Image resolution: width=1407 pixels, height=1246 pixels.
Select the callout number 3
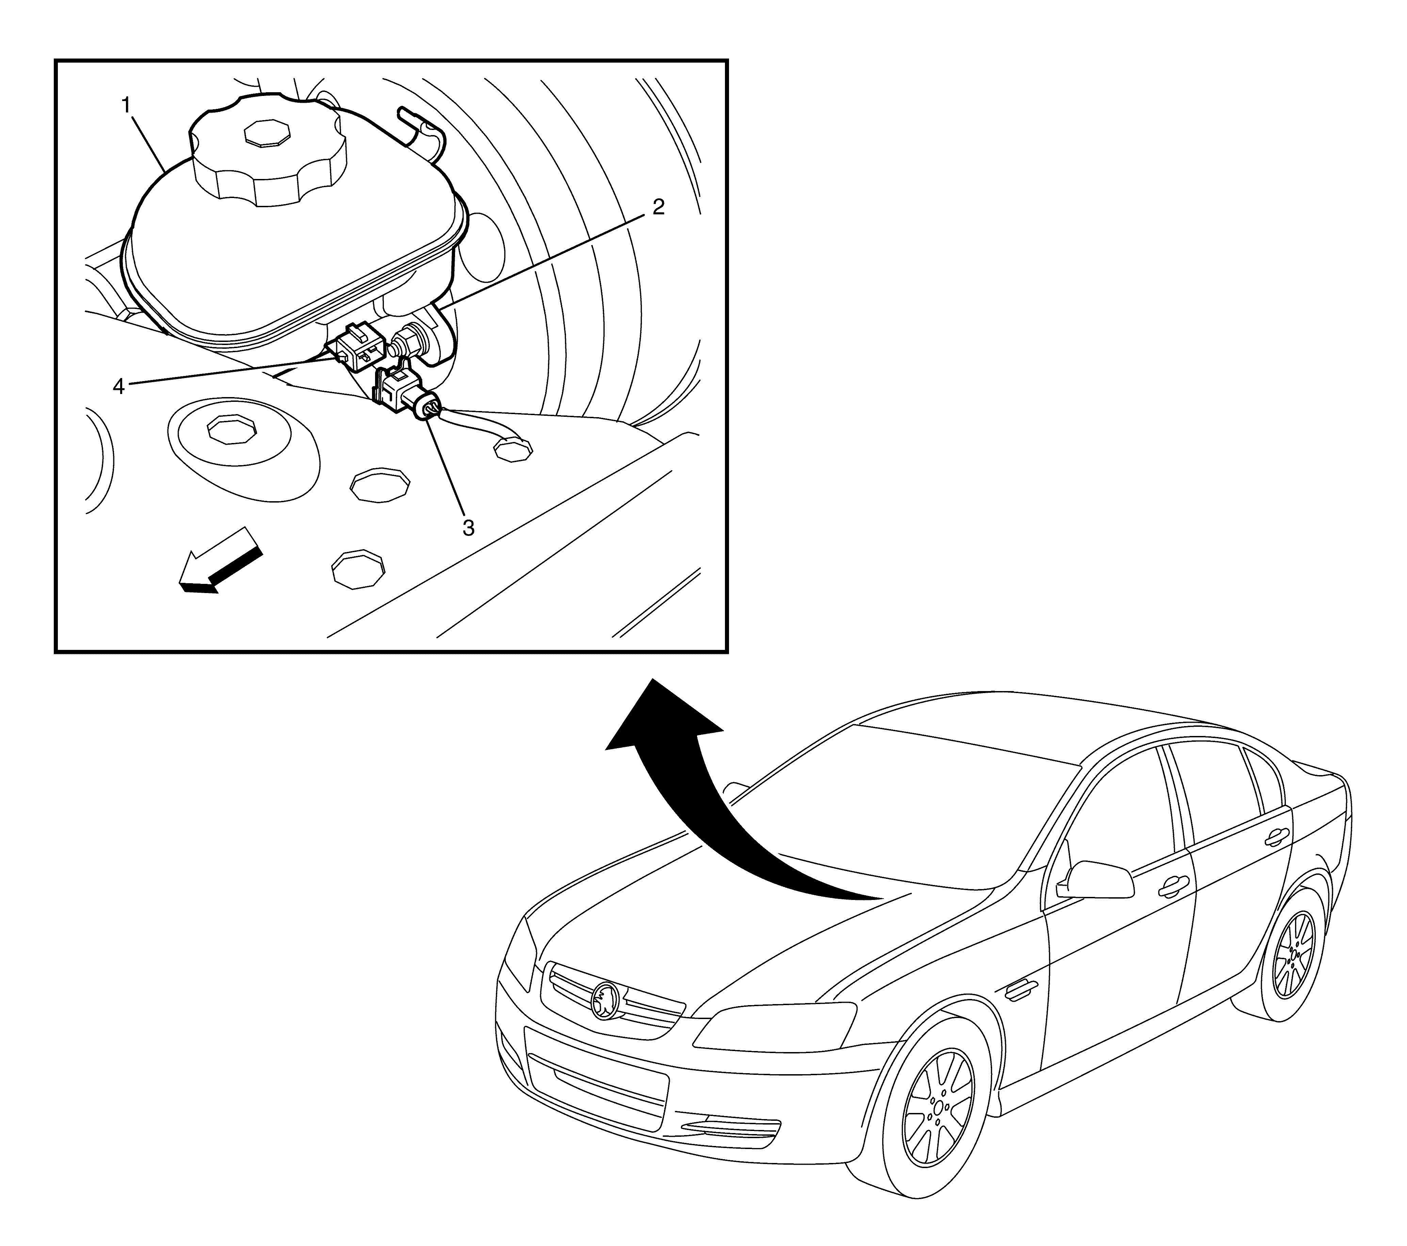[468, 528]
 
